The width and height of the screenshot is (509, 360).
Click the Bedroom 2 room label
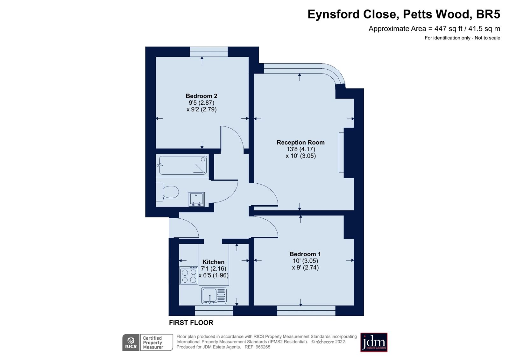(201, 96)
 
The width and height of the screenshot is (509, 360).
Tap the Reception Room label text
(300, 143)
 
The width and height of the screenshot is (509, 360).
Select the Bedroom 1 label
(305, 254)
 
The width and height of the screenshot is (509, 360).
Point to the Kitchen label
(213, 262)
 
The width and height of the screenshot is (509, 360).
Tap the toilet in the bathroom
(168, 192)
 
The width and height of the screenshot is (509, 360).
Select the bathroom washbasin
(196, 199)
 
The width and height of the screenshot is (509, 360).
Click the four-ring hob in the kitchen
(189, 276)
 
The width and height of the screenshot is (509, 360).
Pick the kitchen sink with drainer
(214, 295)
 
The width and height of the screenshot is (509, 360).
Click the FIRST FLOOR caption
(191, 322)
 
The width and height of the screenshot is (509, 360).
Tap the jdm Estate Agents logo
(374, 342)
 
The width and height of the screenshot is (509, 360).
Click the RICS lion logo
(131, 342)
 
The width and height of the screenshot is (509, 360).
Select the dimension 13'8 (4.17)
(300, 149)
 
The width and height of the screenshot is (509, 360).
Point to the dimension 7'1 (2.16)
(213, 269)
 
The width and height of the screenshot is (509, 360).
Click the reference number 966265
(263, 347)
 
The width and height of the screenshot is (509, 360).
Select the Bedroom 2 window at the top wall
(209, 52)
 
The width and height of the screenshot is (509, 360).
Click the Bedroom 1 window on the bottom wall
(306, 310)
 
